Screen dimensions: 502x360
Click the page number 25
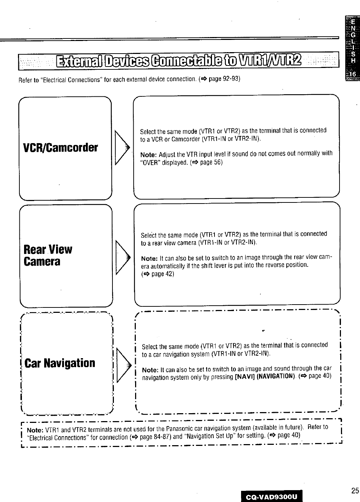pyautogui.click(x=355, y=490)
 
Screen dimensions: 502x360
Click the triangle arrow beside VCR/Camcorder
pyautogui.click(x=121, y=148)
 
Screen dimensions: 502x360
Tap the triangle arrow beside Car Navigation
pyautogui.click(x=121, y=364)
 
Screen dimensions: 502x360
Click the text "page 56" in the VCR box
pyautogui.click(x=211, y=162)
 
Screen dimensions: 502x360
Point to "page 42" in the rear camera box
pyautogui.click(x=162, y=274)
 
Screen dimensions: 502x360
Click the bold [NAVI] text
pyautogui.click(x=245, y=376)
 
